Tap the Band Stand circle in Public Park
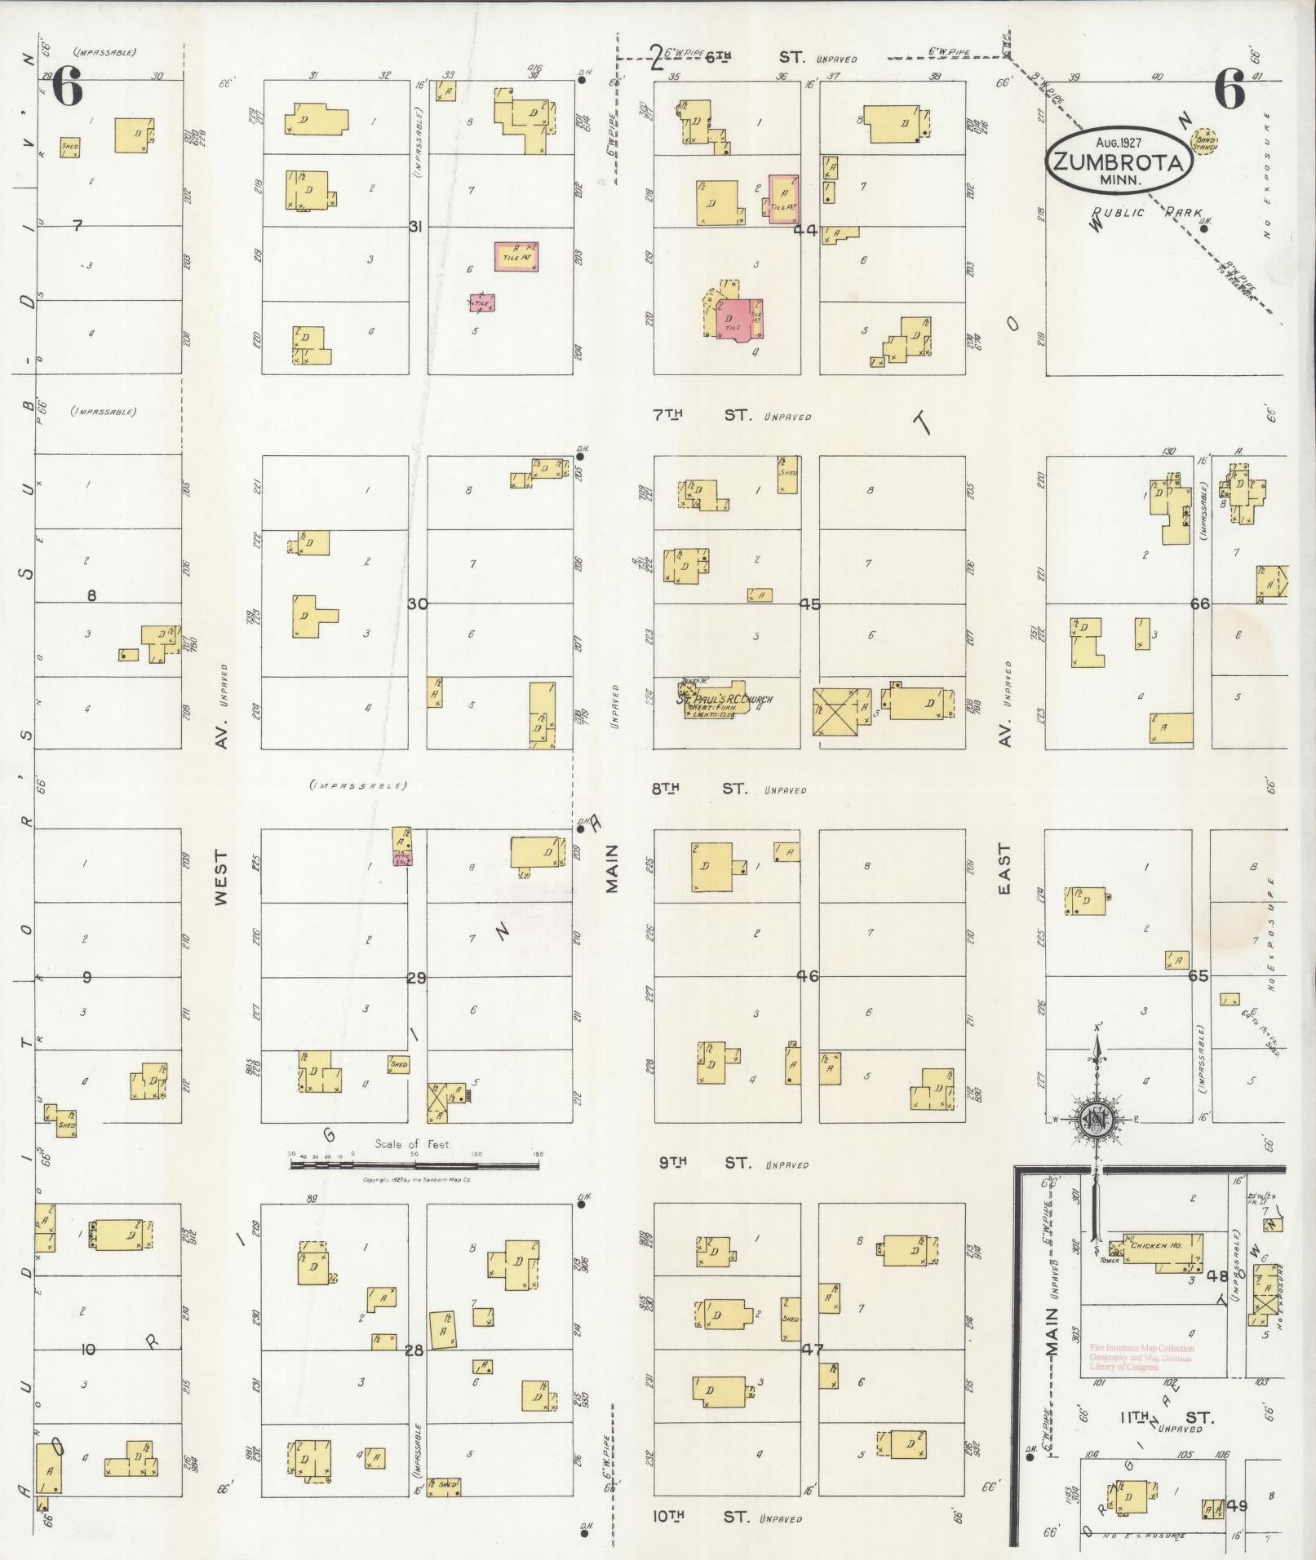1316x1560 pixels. pyautogui.click(x=1204, y=141)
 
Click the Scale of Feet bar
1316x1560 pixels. pyautogui.click(x=414, y=1165)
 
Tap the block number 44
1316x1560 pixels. pyautogui.click(x=805, y=229)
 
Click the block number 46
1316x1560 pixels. pyautogui.click(x=808, y=976)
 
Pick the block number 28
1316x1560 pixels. pyautogui.click(x=414, y=1350)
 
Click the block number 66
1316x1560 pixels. pyautogui.click(x=1199, y=603)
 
